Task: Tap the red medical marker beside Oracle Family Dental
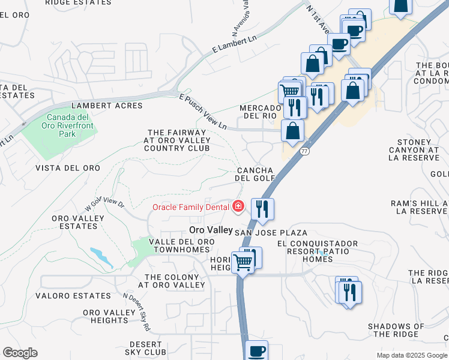coord(238,207)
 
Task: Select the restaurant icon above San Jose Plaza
coord(262,209)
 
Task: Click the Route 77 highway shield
coord(306,152)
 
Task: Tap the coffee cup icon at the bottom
coord(257,350)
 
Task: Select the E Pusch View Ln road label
coord(203,111)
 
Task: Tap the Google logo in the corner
coord(20,353)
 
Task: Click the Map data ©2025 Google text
coord(411,355)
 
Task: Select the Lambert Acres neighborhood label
coord(107,106)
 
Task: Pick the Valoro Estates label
coord(73,296)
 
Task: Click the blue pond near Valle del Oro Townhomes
coord(101,257)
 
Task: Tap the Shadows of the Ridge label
coord(396,330)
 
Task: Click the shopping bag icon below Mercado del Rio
coord(292,131)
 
